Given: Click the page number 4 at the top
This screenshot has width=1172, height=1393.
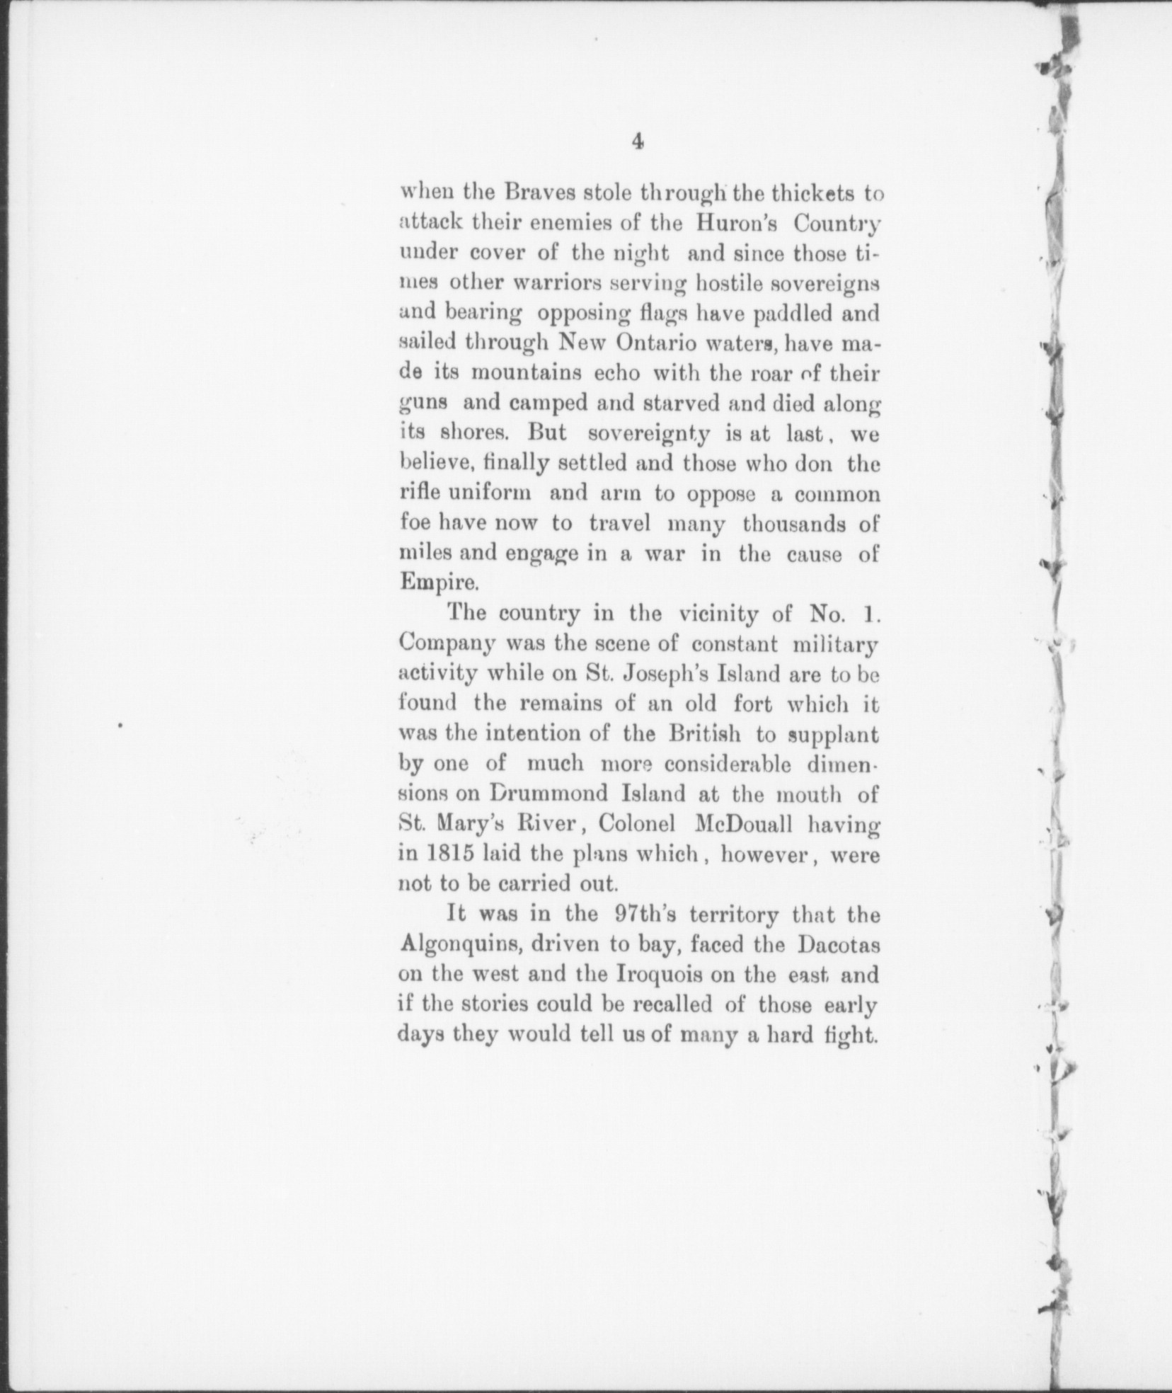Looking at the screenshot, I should (x=638, y=142).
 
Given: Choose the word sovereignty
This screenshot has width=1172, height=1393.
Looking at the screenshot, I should (x=649, y=433).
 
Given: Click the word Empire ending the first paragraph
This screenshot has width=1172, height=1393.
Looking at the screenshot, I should (x=432, y=583).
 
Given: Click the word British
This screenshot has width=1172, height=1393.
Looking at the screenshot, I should (x=704, y=734).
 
